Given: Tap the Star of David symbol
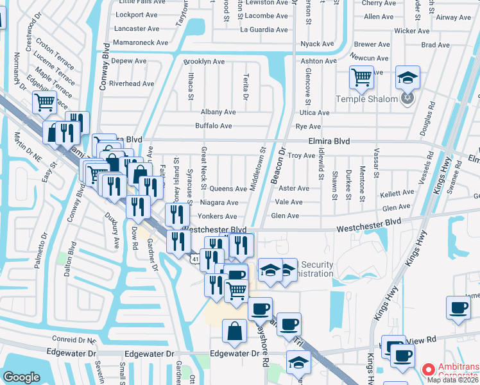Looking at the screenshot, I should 405,99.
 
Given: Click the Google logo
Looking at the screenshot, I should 21,377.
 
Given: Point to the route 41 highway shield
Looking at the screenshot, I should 194,258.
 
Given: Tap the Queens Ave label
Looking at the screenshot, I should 228,189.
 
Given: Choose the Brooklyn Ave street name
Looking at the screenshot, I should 204,62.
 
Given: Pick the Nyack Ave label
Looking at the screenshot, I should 318,44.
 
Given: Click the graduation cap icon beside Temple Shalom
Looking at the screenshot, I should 407,77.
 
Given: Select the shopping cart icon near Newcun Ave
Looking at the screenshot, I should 361,77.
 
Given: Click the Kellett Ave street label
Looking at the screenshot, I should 397,193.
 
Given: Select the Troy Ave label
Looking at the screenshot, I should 301,155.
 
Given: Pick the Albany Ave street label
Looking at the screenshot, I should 218,112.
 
